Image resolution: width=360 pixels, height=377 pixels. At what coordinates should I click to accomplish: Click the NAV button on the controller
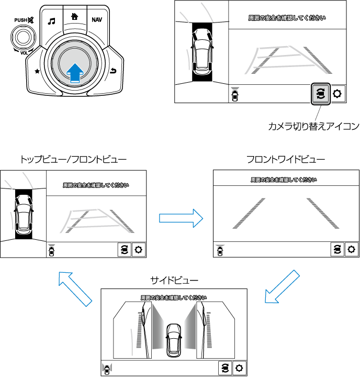(x=97, y=20)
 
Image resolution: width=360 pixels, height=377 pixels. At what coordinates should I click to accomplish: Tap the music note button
(x=51, y=21)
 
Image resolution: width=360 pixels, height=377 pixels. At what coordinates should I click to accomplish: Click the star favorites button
(x=37, y=71)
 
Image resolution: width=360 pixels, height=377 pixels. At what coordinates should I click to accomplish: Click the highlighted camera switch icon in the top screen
(x=321, y=94)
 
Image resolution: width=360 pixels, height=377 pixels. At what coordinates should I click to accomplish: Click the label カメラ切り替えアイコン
(x=313, y=126)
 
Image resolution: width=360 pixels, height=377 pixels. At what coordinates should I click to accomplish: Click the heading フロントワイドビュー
(x=286, y=159)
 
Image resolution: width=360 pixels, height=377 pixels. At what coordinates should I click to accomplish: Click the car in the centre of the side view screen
(x=173, y=340)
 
